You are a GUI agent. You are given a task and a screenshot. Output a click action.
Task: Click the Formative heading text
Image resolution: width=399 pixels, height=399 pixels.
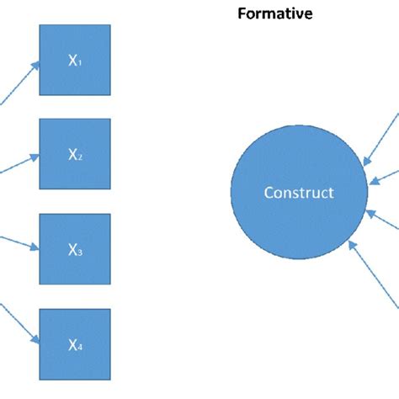pyautogui.click(x=274, y=13)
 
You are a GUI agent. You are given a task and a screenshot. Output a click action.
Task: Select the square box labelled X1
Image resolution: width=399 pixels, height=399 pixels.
pyautogui.click(x=75, y=60)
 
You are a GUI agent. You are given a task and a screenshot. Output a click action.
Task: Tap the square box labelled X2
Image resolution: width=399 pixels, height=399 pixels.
pyautogui.click(x=75, y=154)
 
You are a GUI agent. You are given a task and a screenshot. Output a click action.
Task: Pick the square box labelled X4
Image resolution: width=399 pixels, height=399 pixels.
pyautogui.click(x=75, y=343)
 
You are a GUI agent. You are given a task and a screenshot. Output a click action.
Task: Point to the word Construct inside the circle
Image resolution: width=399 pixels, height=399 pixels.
pyautogui.click(x=299, y=193)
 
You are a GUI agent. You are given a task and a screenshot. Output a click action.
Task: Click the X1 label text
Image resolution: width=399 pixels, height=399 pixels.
pyautogui.click(x=74, y=60)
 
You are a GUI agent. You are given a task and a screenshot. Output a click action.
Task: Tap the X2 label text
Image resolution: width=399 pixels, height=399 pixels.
pyautogui.click(x=74, y=155)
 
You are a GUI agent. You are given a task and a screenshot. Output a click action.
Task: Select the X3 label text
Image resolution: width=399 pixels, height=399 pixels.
pyautogui.click(x=74, y=249)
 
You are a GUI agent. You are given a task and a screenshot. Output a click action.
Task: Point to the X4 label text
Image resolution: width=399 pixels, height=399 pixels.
pyautogui.click(x=74, y=343)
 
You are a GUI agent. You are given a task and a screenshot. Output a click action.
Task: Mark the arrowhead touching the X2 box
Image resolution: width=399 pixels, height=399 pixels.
pyautogui.click(x=35, y=155)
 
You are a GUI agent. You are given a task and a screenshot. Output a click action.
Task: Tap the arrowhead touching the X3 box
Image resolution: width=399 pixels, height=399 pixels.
pyautogui.click(x=35, y=247)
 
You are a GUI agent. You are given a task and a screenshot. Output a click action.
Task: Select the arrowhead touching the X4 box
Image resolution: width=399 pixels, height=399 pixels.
pyautogui.click(x=35, y=340)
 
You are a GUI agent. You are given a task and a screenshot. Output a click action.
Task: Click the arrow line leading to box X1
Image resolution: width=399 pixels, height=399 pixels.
pyautogui.click(x=17, y=83)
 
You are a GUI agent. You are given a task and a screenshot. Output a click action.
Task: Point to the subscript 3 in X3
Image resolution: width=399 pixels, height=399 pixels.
pyautogui.click(x=79, y=253)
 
